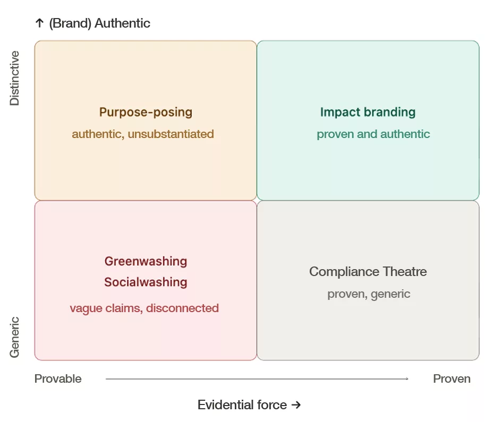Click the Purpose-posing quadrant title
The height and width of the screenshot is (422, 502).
coord(146,113)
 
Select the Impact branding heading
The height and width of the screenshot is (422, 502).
coord(368,112)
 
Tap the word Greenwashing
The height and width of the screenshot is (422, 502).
coord(146,261)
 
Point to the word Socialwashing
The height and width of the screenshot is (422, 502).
coord(146,282)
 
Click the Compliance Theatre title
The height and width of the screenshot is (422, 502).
coord(368,272)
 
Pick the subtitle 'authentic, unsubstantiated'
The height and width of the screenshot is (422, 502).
coord(143,134)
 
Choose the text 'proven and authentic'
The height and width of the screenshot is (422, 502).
coord(373,134)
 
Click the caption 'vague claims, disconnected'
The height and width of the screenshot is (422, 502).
coord(144,308)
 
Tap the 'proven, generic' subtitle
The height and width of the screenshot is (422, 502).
coord(369,294)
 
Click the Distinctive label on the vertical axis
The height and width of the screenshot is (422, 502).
coord(14,78)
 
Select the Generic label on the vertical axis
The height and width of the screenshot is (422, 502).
coord(14,337)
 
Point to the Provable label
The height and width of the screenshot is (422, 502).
coord(58,379)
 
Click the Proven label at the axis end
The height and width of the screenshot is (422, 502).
coord(452,379)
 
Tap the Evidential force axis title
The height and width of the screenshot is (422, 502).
coord(242,404)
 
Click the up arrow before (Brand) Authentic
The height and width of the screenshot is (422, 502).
coord(39,23)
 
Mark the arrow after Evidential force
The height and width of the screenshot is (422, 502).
coord(296,405)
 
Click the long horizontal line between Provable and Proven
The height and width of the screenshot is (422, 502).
coord(257,379)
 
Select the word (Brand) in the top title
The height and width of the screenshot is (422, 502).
coord(70,23)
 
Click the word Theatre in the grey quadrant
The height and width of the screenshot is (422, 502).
coord(405,272)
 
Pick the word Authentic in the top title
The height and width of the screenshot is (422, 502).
coord(123,23)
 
